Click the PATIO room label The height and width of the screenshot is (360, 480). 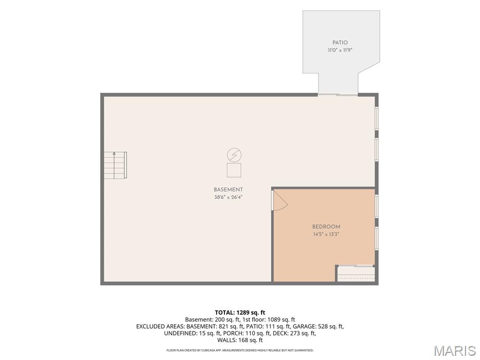(340, 43)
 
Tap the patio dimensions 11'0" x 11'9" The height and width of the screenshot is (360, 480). (340, 50)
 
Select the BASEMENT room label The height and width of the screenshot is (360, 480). (228, 189)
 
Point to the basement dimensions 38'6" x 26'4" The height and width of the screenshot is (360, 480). (228, 197)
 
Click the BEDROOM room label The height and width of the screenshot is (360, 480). (326, 227)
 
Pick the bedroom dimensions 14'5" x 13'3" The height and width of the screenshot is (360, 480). (326, 234)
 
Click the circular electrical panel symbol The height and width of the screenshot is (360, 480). (234, 155)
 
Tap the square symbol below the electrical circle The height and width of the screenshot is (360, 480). (234, 170)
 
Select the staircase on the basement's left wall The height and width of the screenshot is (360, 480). (115, 165)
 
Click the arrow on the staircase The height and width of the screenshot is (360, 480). (114, 165)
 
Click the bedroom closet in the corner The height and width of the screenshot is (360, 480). (356, 273)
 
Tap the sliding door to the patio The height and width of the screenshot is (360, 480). (337, 95)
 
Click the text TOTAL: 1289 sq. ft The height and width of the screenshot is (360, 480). (240, 313)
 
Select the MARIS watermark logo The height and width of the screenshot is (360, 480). (455, 351)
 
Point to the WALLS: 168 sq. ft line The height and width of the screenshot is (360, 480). (240, 340)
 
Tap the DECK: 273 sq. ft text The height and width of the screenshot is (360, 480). (294, 333)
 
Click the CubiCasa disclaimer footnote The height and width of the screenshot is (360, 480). (240, 350)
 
